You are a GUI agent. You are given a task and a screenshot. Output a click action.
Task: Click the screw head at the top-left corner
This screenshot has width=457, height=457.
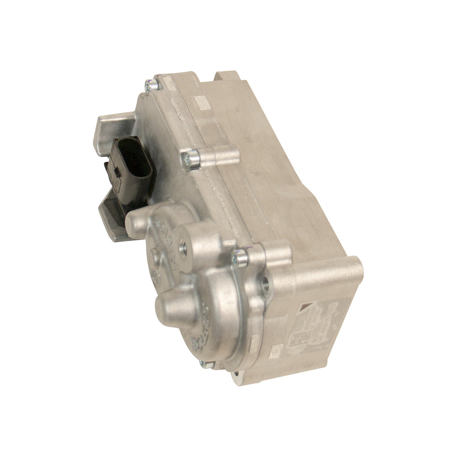click(x=152, y=85)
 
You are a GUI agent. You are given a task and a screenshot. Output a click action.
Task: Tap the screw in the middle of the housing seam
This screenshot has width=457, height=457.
click(x=190, y=159)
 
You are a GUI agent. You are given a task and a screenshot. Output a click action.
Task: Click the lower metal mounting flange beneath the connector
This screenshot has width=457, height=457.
click(x=112, y=219)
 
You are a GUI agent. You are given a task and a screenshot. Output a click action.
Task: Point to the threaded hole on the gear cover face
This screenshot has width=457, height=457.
click(x=183, y=246)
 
